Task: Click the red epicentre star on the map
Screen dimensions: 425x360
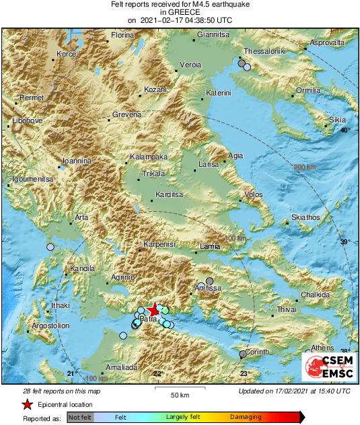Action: tap(153, 309)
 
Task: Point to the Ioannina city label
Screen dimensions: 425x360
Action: tap(76, 161)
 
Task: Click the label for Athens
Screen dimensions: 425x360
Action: tap(322, 348)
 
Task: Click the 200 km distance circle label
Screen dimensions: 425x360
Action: tap(305, 167)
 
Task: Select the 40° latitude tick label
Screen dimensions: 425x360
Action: tap(345, 130)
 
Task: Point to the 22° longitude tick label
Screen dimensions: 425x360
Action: tap(157, 374)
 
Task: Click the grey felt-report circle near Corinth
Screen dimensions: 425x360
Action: tap(243, 354)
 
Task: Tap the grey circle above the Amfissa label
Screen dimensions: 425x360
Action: tap(209, 281)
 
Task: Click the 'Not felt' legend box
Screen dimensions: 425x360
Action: tap(81, 418)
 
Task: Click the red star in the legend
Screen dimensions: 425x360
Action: tap(27, 404)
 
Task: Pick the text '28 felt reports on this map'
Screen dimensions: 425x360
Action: tap(61, 391)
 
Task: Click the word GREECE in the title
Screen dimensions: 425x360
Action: tap(180, 12)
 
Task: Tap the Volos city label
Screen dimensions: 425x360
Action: tap(253, 195)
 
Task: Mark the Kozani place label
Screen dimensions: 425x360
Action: tap(156, 89)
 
